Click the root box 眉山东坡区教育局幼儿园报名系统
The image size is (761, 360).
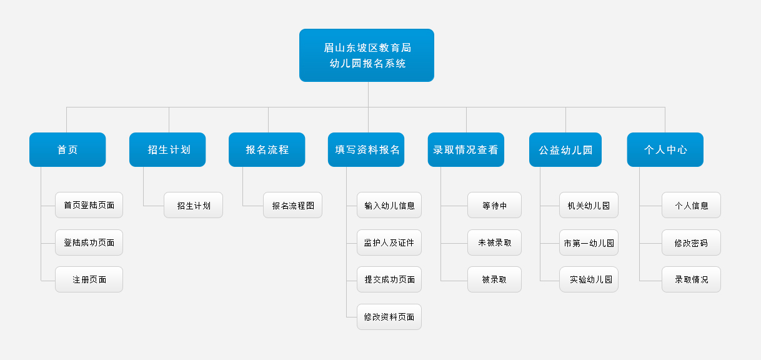point(367,55)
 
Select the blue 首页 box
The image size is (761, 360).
point(67,149)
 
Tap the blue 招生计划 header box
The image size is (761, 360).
point(167,149)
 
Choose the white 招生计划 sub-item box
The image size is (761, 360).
point(193,205)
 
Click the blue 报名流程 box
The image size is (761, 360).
point(267,149)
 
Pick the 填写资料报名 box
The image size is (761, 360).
point(366,149)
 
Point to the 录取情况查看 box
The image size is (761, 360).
point(465,149)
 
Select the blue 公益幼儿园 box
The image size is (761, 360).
point(565,149)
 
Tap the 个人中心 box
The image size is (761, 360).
point(665,149)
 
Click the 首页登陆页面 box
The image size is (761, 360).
point(89,205)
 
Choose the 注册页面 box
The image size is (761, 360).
point(89,279)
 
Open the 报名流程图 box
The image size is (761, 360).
point(292,205)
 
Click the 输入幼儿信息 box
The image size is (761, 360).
point(389,205)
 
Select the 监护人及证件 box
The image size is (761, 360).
point(389,242)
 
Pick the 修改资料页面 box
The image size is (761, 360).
point(389,317)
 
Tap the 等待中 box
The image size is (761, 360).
point(494,205)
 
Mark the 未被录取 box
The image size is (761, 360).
point(494,242)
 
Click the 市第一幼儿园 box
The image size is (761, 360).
point(589,242)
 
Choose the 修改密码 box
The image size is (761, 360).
point(691,242)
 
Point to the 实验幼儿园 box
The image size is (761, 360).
point(589,279)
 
